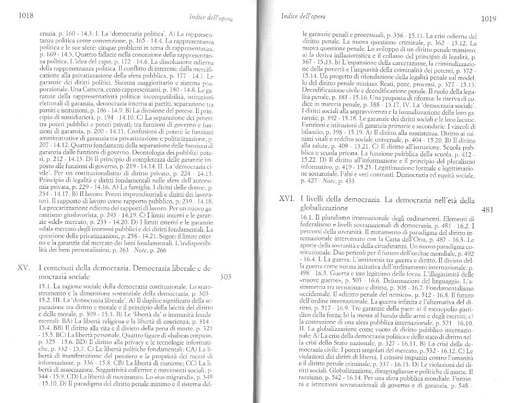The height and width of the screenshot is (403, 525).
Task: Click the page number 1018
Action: tap(27, 17)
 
